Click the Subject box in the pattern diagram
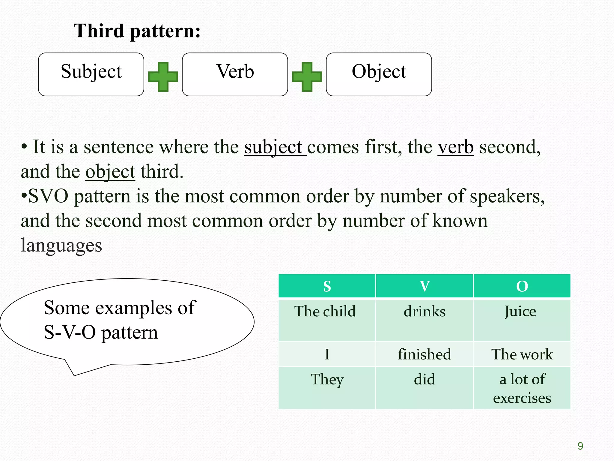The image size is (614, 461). pyautogui.click(x=91, y=74)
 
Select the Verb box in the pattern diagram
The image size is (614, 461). pyautogui.click(x=235, y=74)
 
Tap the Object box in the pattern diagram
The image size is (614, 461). pyautogui.click(x=379, y=74)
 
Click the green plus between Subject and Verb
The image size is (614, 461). pyautogui.click(x=163, y=77)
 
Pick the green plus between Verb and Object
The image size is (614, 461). pyautogui.click(x=307, y=77)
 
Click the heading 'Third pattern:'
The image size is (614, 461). pyautogui.click(x=137, y=31)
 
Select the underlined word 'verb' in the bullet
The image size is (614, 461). pyautogui.click(x=455, y=147)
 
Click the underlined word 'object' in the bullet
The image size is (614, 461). pyautogui.click(x=110, y=172)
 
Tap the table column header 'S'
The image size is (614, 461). pyautogui.click(x=327, y=286)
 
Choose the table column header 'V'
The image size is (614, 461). pyautogui.click(x=424, y=286)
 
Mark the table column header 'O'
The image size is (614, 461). pyautogui.click(x=522, y=286)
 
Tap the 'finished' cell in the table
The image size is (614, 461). pyautogui.click(x=424, y=354)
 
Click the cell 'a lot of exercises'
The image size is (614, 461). pyautogui.click(x=522, y=388)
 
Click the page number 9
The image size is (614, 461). pyautogui.click(x=580, y=446)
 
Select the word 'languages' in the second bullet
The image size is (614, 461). pyautogui.click(x=61, y=245)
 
